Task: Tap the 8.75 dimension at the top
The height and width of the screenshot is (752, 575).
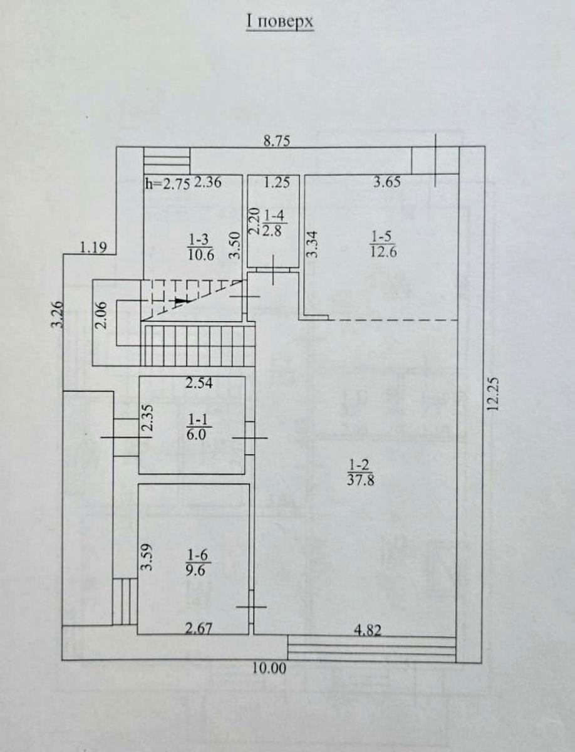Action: [276, 141]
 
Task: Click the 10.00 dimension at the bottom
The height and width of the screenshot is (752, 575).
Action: [270, 668]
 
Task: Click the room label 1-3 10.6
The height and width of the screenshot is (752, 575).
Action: [200, 246]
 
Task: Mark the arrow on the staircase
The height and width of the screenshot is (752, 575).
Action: [181, 301]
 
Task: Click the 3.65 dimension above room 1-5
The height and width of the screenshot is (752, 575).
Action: [386, 183]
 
